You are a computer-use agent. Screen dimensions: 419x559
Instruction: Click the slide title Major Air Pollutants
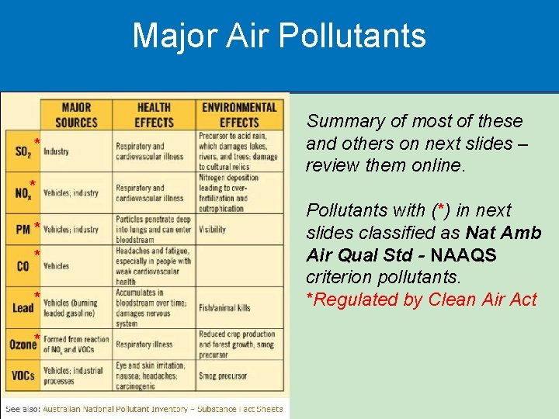(279, 36)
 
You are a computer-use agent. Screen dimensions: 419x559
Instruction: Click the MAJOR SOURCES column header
(76, 115)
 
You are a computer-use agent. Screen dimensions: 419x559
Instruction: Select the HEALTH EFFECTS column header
(154, 115)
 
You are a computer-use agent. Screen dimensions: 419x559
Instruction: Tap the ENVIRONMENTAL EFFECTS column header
(238, 115)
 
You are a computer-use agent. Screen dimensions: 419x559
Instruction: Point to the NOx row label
(23, 193)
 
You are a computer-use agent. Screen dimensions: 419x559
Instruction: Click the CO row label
(23, 266)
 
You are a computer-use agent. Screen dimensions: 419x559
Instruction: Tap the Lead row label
(23, 308)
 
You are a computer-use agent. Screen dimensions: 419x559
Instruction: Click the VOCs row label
(23, 376)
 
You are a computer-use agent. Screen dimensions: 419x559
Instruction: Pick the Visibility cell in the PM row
(212, 230)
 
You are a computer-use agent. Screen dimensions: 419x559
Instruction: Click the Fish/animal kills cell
(224, 308)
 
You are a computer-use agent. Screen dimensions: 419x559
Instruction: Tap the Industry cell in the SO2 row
(56, 151)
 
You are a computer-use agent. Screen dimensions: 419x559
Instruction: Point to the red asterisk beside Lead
(36, 296)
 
